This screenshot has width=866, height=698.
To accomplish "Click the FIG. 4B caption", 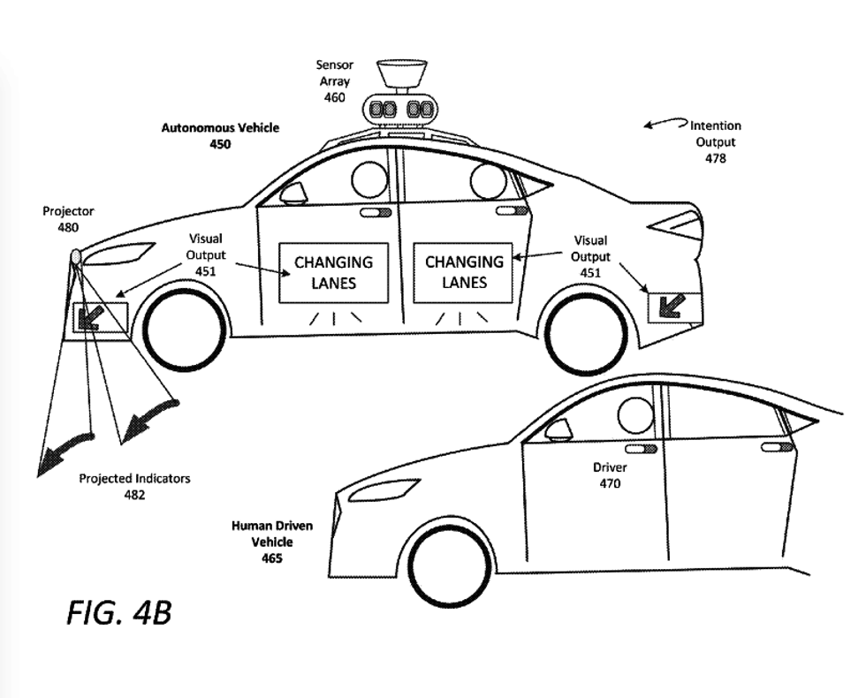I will (x=118, y=612).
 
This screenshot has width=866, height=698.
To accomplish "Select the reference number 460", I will (x=334, y=97).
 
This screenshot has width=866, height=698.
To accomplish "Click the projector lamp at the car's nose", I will (x=76, y=257).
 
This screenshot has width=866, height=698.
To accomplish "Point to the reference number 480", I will (x=68, y=227).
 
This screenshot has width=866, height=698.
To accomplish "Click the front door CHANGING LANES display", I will (x=333, y=272).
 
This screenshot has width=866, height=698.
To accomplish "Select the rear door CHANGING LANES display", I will (x=464, y=272).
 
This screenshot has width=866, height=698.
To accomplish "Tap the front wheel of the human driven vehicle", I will (x=451, y=565).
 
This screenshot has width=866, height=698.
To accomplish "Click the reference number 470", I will (x=610, y=483).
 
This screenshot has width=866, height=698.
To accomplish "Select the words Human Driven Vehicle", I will (x=271, y=534).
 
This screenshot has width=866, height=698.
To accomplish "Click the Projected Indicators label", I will (x=134, y=479).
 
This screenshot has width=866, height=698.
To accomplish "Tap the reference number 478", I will (x=715, y=158).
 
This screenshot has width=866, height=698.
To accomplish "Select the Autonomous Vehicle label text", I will (x=220, y=127).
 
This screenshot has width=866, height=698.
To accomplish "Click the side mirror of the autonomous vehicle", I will (x=292, y=193).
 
